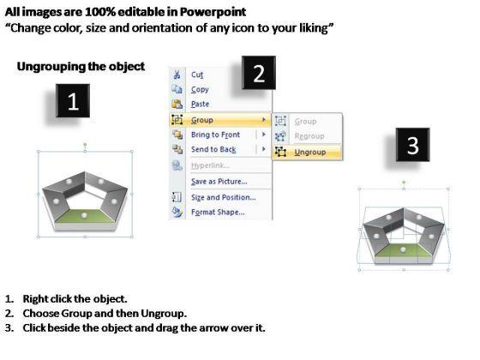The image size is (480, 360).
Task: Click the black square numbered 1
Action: pos(73,101)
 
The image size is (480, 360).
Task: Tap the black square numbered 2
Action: pos(259,73)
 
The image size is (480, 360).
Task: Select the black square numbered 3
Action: pos(412,145)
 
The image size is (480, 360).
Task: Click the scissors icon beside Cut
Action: pos(177,75)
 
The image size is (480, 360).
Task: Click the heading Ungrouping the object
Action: pos(81,67)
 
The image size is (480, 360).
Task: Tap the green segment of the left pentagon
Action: pos(84,216)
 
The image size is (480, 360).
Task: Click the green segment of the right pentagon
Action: pos(404,250)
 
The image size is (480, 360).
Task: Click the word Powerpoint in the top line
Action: pos(213,12)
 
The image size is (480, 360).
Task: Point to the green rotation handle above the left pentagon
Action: pos(85,144)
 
